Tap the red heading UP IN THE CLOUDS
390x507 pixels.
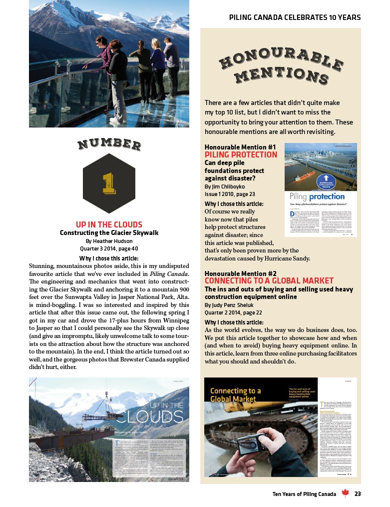[x=109, y=224]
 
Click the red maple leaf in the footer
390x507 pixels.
[x=345, y=494]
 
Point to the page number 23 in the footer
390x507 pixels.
[x=358, y=494]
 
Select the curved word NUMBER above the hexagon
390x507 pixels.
[x=109, y=144]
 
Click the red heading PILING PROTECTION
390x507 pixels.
[x=241, y=154]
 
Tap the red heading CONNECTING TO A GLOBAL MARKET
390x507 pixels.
[x=262, y=281]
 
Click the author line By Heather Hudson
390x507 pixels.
[x=109, y=240]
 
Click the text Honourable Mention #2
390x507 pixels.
[x=241, y=273]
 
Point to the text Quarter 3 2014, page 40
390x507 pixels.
[x=109, y=248]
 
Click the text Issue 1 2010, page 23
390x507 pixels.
[x=230, y=194]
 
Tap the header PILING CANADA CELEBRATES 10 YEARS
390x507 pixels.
[x=295, y=17]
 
